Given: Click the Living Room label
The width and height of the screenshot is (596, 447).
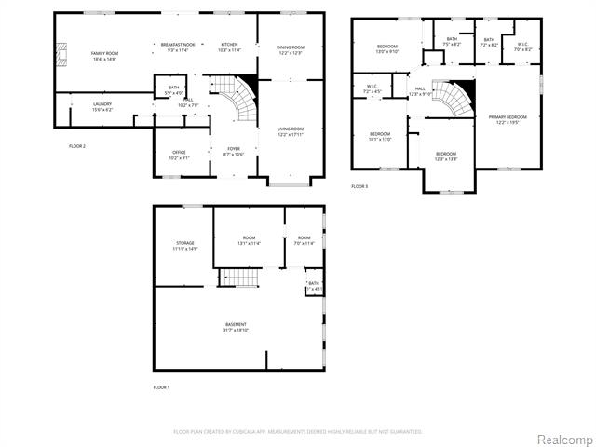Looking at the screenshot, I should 291,131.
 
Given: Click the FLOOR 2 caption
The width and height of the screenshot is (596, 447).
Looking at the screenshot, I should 78,146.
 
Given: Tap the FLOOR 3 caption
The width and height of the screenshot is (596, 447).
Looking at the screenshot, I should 359,186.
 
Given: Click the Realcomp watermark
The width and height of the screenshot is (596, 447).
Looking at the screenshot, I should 563,439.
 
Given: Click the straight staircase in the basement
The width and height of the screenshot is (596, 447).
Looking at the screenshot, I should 238,277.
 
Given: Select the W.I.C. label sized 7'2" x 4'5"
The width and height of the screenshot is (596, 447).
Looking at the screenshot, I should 372,89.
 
